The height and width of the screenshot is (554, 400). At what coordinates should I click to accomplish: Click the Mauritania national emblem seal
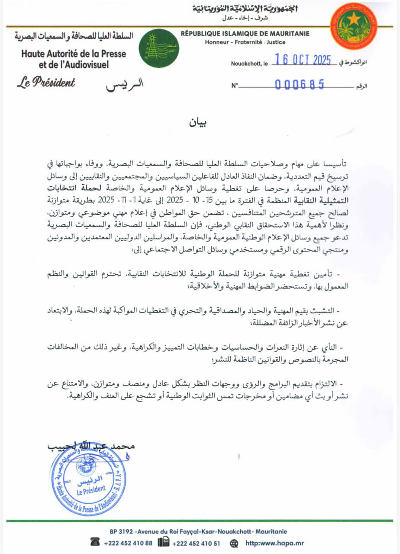pos(353,26)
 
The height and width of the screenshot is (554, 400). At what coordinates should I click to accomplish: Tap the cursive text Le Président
pos(46,82)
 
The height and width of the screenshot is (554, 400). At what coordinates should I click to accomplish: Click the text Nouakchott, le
pos(249,63)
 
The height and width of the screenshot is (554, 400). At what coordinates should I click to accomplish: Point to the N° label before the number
pos(235,86)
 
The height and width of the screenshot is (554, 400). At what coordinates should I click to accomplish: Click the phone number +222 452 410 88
pos(128,543)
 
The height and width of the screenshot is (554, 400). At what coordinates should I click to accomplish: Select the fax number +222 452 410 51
pos(196,543)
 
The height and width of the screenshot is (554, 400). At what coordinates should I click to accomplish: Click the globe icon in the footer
pos(234,543)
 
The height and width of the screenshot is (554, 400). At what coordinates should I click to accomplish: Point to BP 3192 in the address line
pos(119,531)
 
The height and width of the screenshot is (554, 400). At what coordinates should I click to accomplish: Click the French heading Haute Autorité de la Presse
pos(74,54)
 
